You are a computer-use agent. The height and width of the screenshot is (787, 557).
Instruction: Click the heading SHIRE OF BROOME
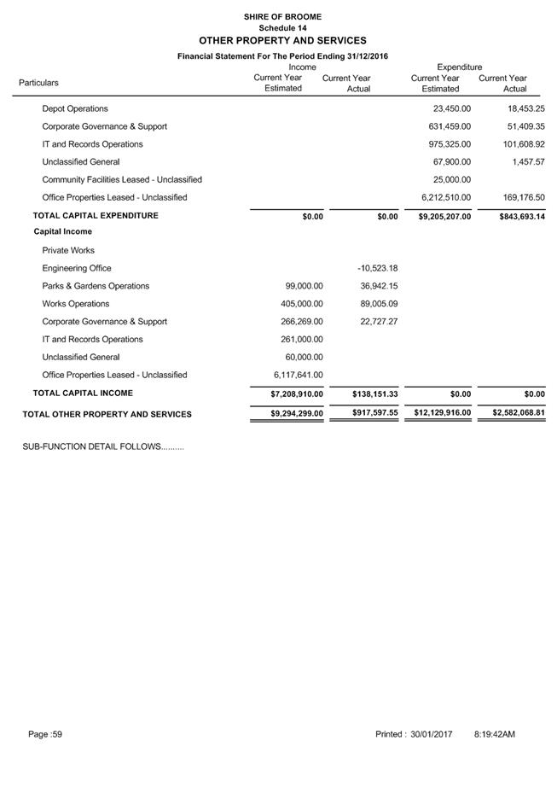(x=282, y=16)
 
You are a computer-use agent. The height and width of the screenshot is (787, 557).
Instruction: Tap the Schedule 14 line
(x=282, y=27)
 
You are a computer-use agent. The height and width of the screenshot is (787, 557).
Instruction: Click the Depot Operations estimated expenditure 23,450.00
(x=451, y=109)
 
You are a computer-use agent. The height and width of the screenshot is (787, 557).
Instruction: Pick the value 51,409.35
(x=525, y=126)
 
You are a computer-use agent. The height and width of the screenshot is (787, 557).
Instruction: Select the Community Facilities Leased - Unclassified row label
(x=122, y=180)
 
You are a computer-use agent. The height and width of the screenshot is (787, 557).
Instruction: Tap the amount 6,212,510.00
(x=446, y=198)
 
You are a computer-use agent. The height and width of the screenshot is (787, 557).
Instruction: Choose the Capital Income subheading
(x=63, y=232)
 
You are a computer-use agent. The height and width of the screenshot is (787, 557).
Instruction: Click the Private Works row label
(x=68, y=251)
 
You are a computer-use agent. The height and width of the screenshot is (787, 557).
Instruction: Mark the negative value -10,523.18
(x=378, y=268)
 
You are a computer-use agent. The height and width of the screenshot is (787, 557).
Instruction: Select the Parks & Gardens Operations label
(x=96, y=286)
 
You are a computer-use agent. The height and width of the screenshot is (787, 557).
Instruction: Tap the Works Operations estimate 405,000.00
(x=302, y=304)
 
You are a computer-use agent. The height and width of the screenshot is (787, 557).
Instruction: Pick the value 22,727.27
(x=379, y=322)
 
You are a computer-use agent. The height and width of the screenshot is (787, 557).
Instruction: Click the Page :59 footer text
(x=46, y=734)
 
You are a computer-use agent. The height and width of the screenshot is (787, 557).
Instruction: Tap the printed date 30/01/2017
(x=431, y=734)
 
